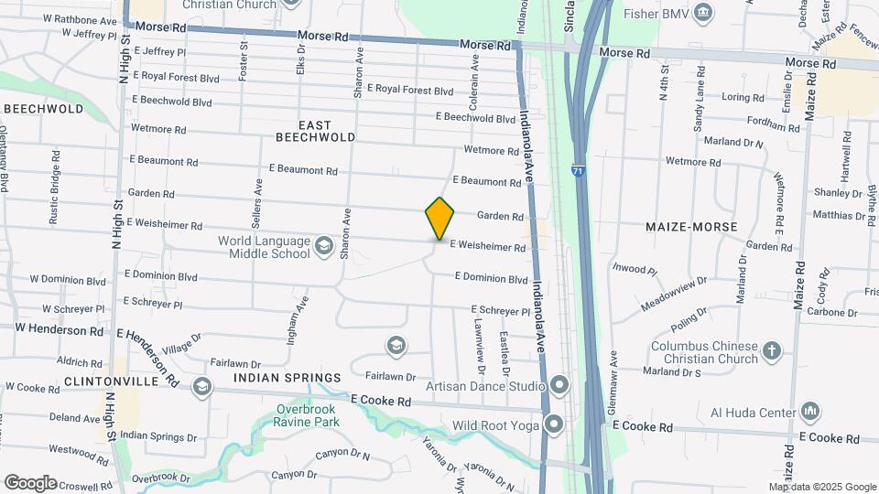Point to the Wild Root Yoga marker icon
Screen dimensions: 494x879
point(554,424)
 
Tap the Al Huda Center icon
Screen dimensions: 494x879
point(809,412)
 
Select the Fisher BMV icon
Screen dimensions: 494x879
point(703,13)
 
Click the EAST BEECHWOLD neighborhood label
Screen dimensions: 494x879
point(315,131)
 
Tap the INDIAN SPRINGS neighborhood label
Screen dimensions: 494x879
point(287,378)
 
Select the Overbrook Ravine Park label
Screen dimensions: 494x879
point(307,415)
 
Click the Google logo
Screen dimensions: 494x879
point(30,482)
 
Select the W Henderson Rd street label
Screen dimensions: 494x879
point(60,329)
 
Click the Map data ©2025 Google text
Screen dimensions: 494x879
point(821,488)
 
